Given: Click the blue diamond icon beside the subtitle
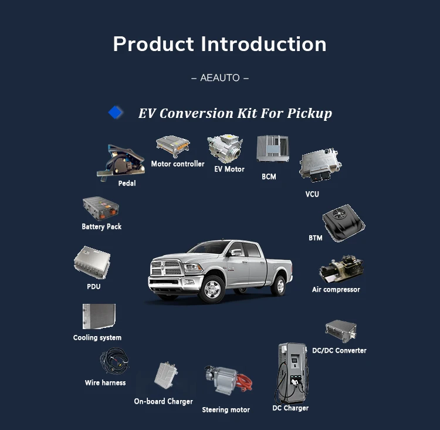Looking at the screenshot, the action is pyautogui.click(x=116, y=113).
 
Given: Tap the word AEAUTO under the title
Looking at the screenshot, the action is pyautogui.click(x=220, y=77).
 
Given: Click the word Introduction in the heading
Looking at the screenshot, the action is pyautogui.click(x=263, y=44).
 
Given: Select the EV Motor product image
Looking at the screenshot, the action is pyautogui.click(x=225, y=149).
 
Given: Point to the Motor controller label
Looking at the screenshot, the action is pyautogui.click(x=178, y=164).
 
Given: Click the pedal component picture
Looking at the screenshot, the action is pyautogui.click(x=121, y=161).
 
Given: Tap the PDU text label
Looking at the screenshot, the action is pyautogui.click(x=94, y=286).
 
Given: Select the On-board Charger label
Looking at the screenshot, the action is pyautogui.click(x=163, y=401).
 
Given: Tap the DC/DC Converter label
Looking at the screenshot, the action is pyautogui.click(x=339, y=350).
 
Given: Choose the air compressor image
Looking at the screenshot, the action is pyautogui.click(x=341, y=269).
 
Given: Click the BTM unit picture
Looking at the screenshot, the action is pyautogui.click(x=343, y=222).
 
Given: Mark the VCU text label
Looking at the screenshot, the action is pyautogui.click(x=312, y=194).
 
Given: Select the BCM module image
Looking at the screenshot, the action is pyautogui.click(x=273, y=148).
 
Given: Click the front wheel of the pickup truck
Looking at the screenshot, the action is pyautogui.click(x=212, y=289).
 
